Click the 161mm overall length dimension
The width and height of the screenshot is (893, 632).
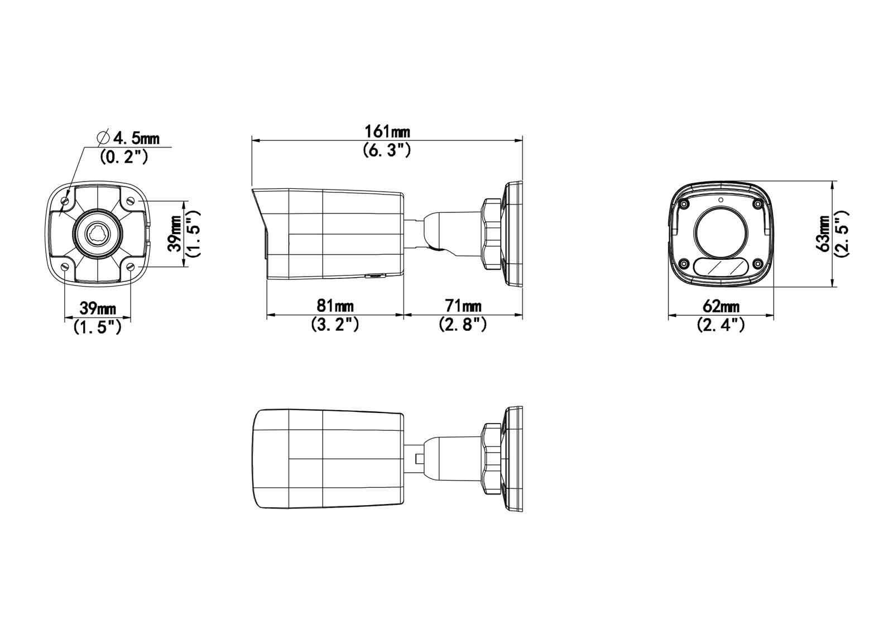(387, 132)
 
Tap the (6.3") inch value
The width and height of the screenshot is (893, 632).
(387, 150)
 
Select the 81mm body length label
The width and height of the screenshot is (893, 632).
(335, 306)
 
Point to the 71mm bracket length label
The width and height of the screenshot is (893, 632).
(463, 306)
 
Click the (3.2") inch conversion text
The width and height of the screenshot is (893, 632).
(335, 324)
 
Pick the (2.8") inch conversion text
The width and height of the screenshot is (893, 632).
(463, 324)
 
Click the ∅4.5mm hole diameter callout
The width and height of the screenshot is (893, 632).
(128, 137)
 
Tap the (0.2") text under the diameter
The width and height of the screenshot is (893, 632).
(123, 156)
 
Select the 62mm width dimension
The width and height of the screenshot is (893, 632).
(721, 306)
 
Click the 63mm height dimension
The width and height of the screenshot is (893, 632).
(822, 234)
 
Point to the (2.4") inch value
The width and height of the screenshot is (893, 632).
(721, 325)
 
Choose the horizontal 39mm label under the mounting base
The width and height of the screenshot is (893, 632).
(98, 308)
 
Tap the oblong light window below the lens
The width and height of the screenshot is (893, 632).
(721, 267)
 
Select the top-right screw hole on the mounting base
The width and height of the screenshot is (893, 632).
(131, 201)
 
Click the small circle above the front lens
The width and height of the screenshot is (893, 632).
(721, 199)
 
